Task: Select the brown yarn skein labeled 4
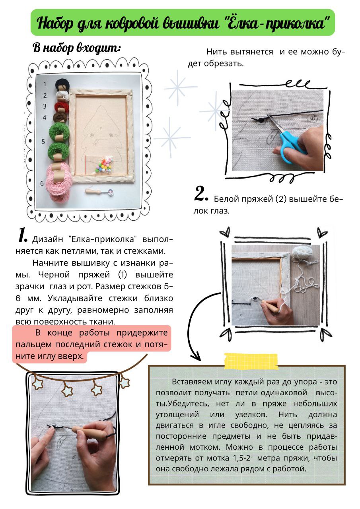click(61, 117)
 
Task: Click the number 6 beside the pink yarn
click(42, 183)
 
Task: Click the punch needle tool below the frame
click(99, 191)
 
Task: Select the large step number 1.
click(23, 235)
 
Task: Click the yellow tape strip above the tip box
click(251, 361)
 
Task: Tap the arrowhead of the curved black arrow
click(195, 356)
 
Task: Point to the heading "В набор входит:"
click(77, 49)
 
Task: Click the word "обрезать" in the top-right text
click(224, 64)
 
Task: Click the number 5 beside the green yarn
click(43, 142)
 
